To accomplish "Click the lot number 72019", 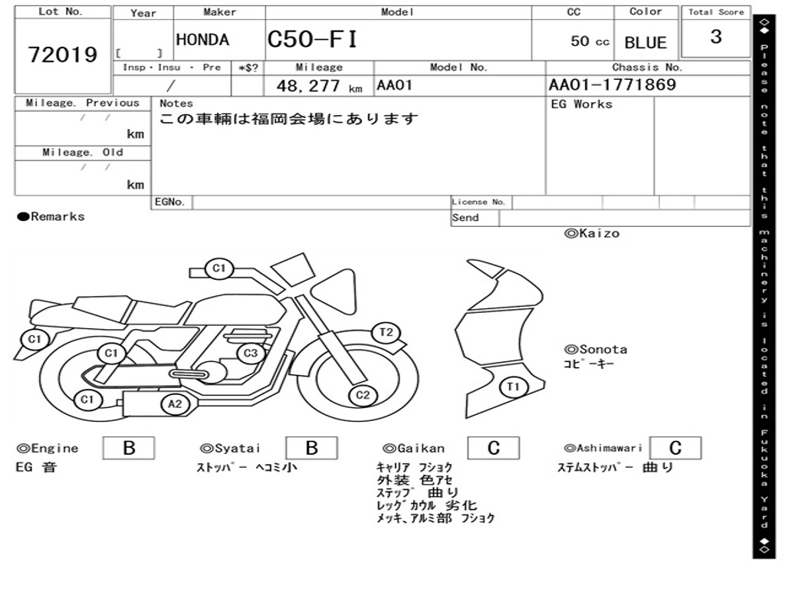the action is (x=63, y=54).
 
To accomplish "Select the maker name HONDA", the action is (x=202, y=40).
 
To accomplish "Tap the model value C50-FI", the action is (x=312, y=39).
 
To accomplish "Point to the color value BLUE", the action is (x=645, y=42).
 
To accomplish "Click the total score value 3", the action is (x=716, y=37).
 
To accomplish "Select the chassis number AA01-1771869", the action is (x=613, y=85).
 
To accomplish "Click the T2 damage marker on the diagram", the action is (x=386, y=332).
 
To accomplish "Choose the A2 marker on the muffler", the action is (x=175, y=404).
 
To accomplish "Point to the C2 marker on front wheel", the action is (x=363, y=396).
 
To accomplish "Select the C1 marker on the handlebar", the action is (x=219, y=268).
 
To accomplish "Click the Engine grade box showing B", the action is (x=129, y=448).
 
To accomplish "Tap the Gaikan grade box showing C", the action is (x=493, y=448).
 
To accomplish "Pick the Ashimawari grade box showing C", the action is (x=675, y=448).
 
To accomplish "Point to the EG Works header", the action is (x=582, y=104).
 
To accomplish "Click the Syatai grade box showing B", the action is (x=311, y=448).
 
